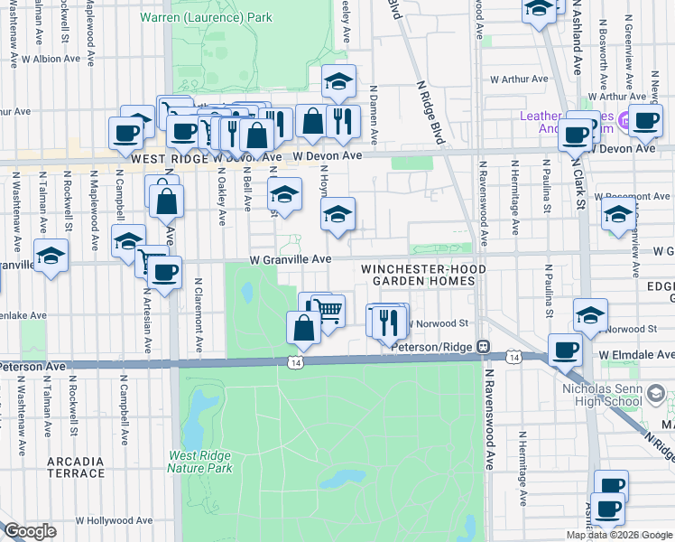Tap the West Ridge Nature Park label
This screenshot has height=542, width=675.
199,462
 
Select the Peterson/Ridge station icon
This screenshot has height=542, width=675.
484,346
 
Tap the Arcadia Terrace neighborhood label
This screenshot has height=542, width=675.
76,467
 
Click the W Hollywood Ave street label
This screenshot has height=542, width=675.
114,521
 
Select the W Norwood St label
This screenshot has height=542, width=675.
439,322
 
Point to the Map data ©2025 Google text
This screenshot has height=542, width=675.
619,535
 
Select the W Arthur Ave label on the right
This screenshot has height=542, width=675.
519,79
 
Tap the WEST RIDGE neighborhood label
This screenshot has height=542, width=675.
170,157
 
